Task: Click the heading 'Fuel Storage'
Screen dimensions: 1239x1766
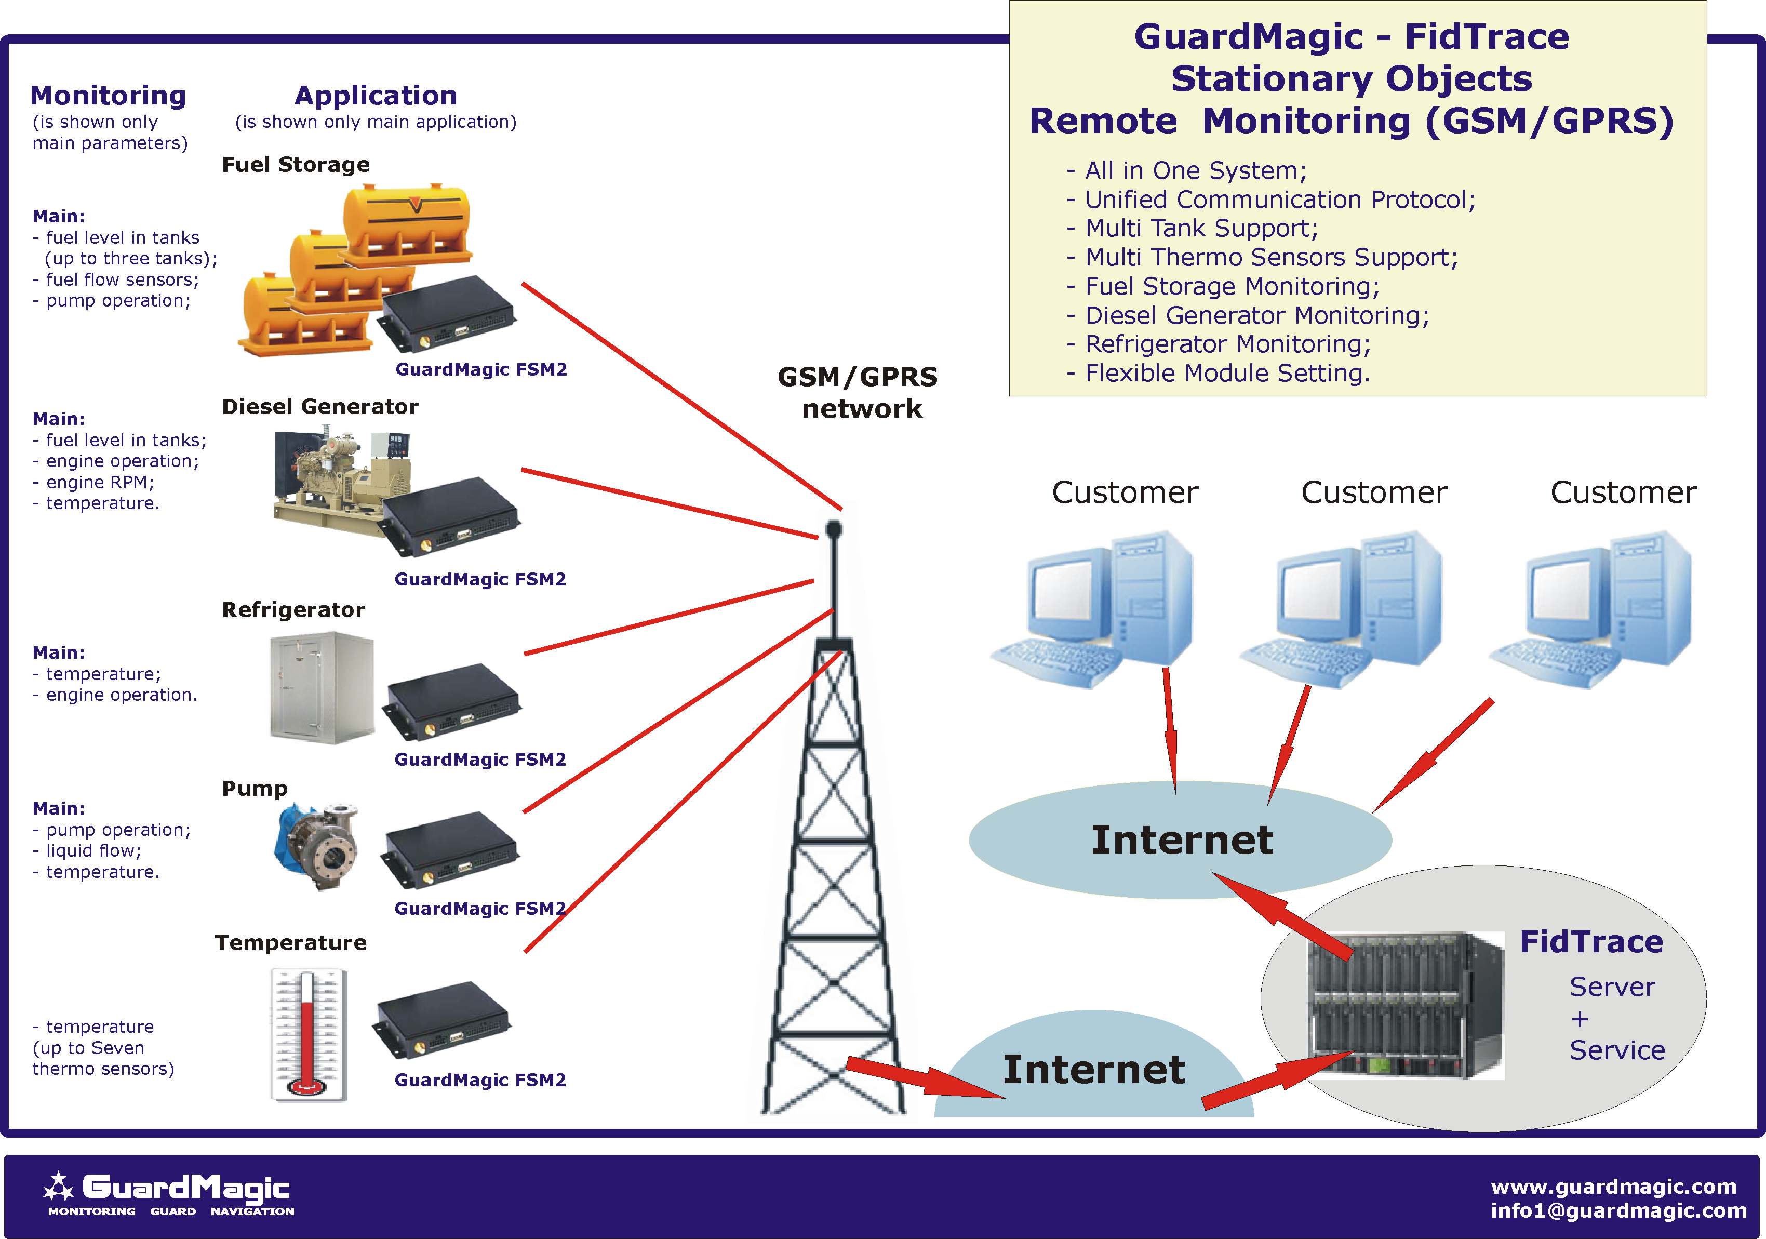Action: (296, 165)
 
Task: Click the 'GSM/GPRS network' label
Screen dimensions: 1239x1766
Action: (859, 392)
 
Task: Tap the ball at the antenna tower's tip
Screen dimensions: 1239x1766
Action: (834, 528)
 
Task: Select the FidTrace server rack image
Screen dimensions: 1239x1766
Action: (1406, 1004)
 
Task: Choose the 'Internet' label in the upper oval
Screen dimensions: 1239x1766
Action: (1182, 839)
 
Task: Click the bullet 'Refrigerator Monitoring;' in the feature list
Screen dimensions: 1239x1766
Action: (1227, 344)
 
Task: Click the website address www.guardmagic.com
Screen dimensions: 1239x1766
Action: (1613, 1186)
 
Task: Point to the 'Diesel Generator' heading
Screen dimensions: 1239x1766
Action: (320, 406)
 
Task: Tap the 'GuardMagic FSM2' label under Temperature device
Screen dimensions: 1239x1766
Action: (480, 1080)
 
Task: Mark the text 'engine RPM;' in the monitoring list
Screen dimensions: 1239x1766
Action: (100, 482)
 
